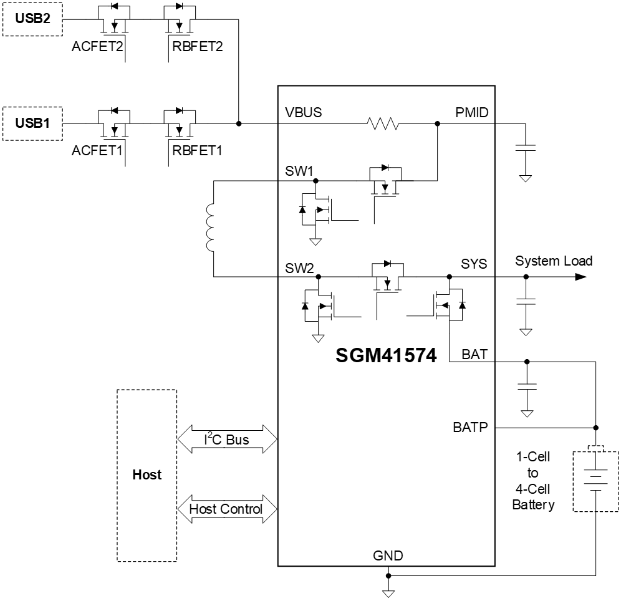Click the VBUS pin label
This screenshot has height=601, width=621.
(x=303, y=113)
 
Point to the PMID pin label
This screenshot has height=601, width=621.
(x=472, y=113)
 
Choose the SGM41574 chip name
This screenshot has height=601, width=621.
(x=386, y=355)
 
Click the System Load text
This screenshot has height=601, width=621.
(x=554, y=261)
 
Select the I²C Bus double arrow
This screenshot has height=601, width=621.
(x=227, y=440)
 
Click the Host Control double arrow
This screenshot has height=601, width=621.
(x=227, y=509)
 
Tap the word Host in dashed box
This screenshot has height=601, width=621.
(x=147, y=475)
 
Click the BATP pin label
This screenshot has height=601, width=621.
(x=471, y=428)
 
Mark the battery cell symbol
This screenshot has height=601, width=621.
(x=596, y=478)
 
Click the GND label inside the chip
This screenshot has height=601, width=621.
(x=388, y=555)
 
